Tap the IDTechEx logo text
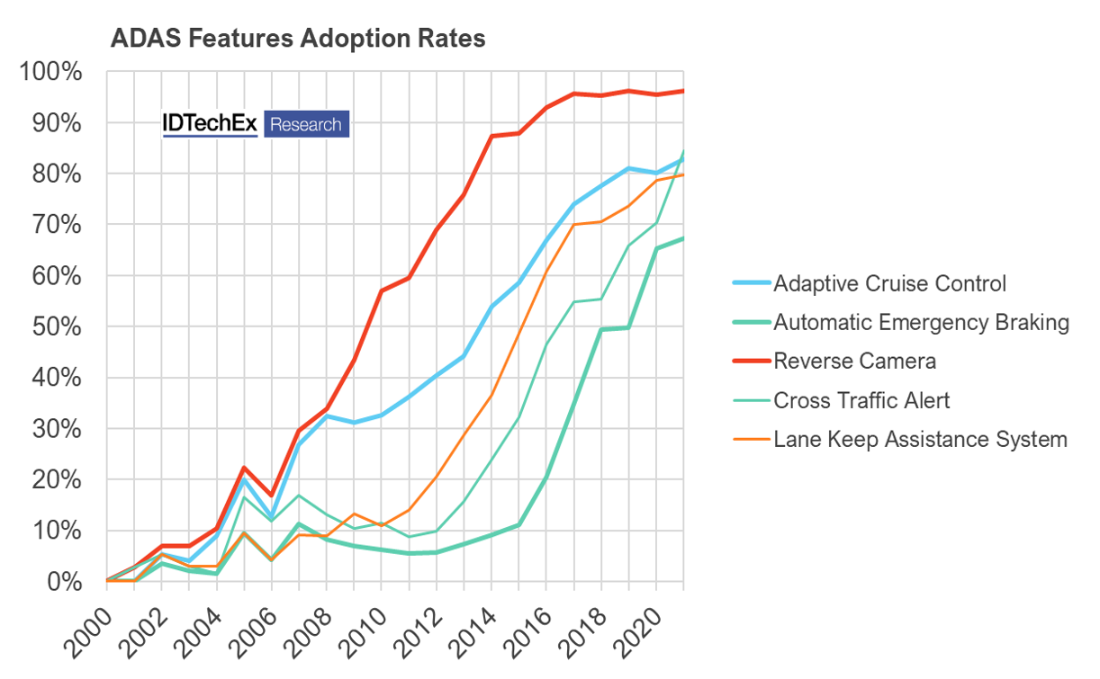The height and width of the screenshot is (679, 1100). [210, 124]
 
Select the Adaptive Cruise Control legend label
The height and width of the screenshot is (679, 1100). [889, 284]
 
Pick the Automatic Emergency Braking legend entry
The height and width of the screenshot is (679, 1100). [921, 323]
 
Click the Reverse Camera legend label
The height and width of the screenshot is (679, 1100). [854, 362]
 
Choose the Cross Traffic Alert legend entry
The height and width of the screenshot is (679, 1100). [861, 400]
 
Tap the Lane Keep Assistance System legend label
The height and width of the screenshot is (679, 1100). [920, 439]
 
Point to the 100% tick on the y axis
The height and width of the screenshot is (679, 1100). [50, 72]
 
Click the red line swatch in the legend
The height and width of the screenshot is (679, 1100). [750, 362]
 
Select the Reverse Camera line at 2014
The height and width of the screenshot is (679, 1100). [491, 136]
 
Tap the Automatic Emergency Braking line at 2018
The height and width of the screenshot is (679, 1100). [601, 329]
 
